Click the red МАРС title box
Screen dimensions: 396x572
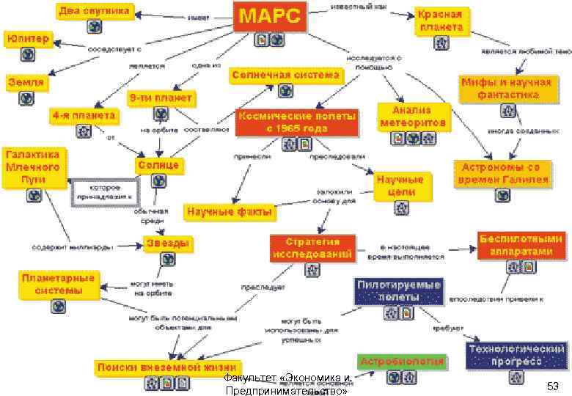tap(271, 17)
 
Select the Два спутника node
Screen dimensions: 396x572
tap(95, 11)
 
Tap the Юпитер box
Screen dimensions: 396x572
tap(28, 37)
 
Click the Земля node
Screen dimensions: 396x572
tap(26, 82)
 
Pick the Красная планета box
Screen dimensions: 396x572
tap(440, 21)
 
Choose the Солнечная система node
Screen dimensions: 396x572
tap(286, 75)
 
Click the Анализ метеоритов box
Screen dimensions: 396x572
tap(412, 117)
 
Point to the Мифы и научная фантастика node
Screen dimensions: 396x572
tap(505, 88)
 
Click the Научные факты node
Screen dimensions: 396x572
tap(230, 212)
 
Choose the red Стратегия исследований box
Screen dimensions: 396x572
tap(312, 249)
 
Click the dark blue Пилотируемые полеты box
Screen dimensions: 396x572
tap(399, 290)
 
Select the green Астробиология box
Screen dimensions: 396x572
tap(403, 362)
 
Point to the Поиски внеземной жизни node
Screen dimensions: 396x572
tap(168, 367)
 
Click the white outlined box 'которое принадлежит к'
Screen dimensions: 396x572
tap(102, 192)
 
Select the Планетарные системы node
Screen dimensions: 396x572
tap(59, 285)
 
